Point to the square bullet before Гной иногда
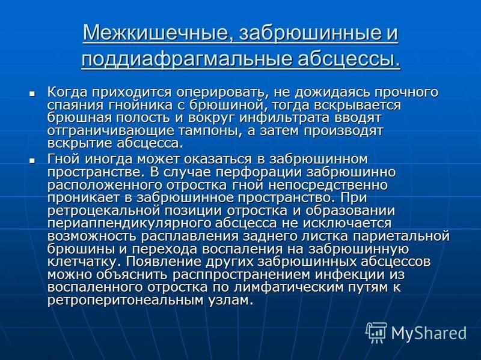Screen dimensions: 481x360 click(32, 160)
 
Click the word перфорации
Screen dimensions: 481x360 click(259, 173)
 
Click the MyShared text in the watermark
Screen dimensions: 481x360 click(429, 333)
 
